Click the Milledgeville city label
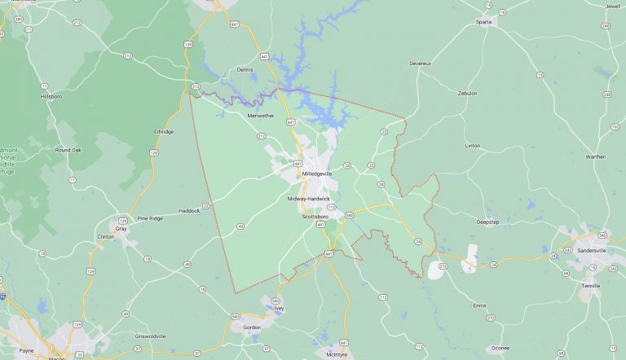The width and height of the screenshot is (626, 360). coord(317,173)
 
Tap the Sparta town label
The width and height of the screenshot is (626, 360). coord(483,22)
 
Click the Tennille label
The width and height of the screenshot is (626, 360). coord(590,286)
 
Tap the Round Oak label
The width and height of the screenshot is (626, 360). coord(68,150)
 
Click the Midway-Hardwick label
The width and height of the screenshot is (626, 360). coord(309,199)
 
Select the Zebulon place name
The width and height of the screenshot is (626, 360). coord(468,93)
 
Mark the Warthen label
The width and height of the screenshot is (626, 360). coord(596,156)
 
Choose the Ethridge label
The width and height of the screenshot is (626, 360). coord(164,131)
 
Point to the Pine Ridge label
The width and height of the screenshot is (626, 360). coord(150,218)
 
